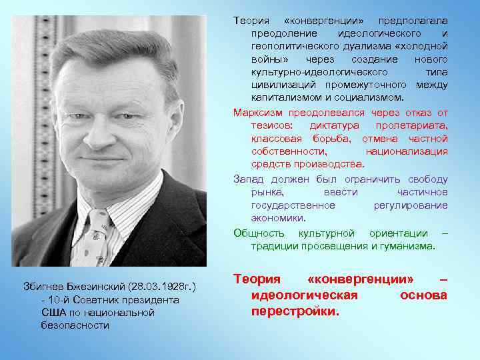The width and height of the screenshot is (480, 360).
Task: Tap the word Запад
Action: [x=248, y=179]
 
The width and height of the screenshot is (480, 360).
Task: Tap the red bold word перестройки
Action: [x=295, y=311]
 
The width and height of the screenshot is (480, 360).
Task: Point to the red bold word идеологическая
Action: [x=305, y=295]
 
